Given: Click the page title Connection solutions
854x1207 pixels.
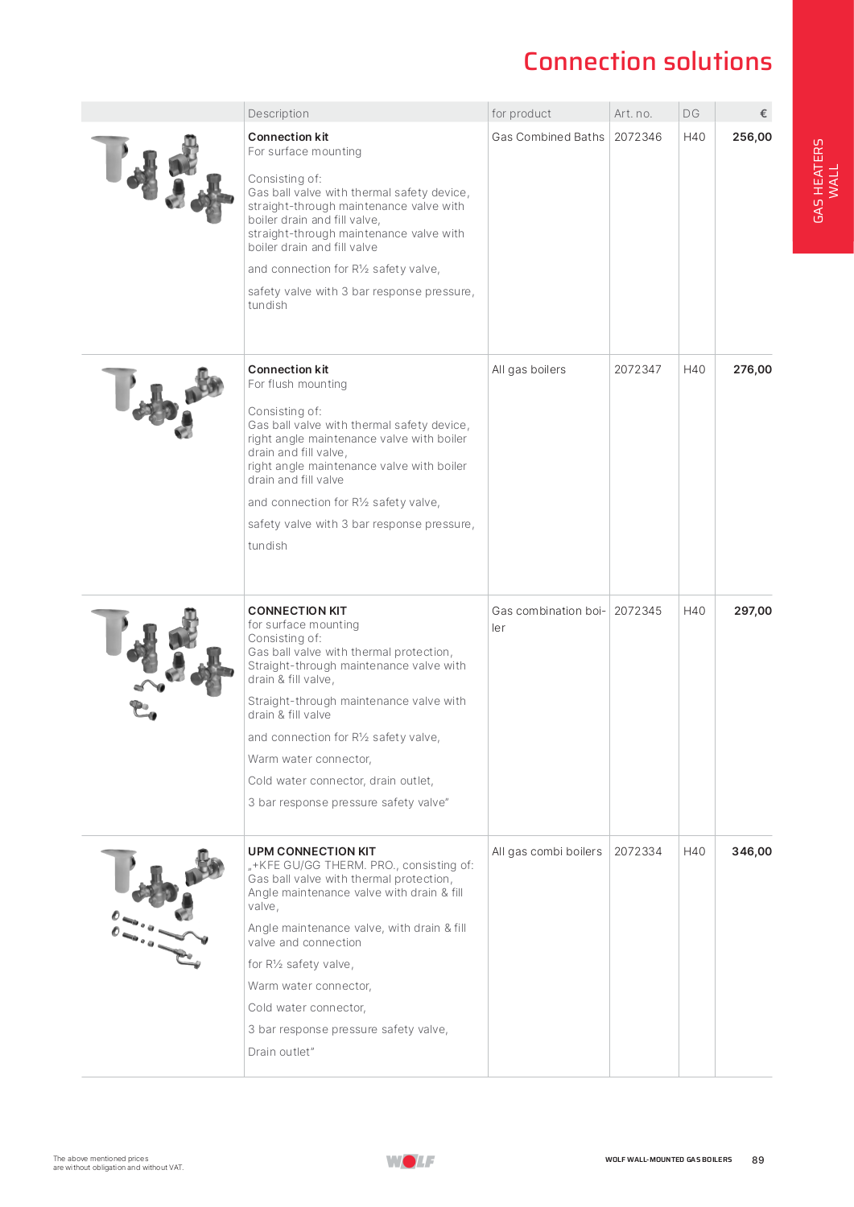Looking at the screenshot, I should pos(647,62).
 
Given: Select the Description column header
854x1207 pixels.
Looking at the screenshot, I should pos(278,113).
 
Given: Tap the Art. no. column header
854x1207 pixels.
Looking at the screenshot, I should pos(633,113).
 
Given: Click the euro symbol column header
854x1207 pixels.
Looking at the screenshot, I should pos(763,113).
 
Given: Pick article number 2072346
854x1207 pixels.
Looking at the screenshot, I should pos(637,137).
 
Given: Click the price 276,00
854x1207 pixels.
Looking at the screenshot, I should pos(752,369).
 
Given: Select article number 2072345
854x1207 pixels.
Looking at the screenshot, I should pos(637,611).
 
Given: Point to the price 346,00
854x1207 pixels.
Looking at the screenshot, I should pos(751,851).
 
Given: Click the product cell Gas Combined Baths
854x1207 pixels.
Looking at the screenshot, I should pos(547,137).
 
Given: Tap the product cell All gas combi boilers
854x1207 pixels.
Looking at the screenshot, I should pos(547,851).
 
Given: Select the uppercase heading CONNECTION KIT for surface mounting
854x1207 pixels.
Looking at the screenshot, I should pos(297,611).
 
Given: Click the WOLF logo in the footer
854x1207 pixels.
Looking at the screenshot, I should pos(410,1160).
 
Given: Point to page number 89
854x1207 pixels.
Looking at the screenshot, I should pos(757,1160).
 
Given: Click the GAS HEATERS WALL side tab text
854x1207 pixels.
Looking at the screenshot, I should pos(825,181).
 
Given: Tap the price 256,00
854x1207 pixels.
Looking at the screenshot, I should pos(752,137).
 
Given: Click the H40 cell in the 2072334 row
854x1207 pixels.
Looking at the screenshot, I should pos(694,851).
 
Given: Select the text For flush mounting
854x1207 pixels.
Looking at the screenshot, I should pos(297,384).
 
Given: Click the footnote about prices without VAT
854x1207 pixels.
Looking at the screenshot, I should pos(118,1164).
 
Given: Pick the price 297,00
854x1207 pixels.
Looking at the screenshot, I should pos(753,611).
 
